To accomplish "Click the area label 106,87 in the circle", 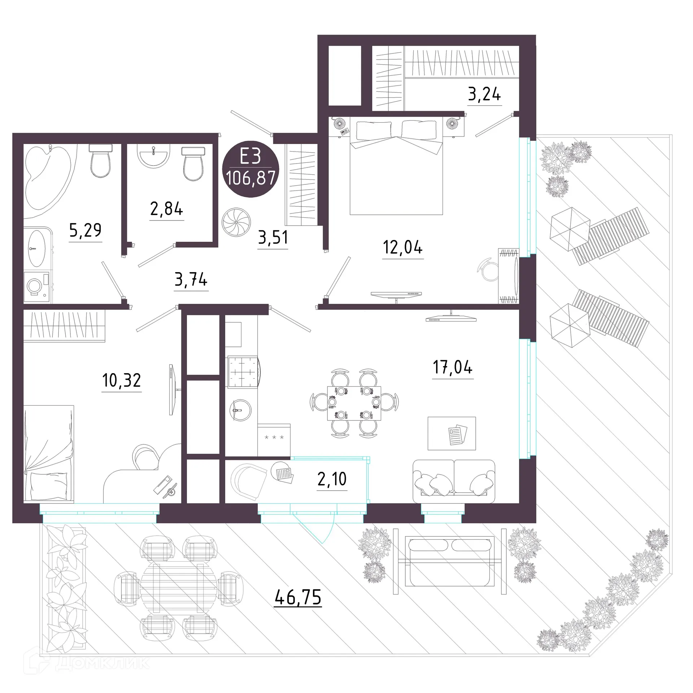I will tap(250, 178).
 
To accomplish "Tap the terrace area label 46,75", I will tap(297, 598).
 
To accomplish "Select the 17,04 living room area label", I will tap(453, 367).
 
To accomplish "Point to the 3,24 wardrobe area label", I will tap(484, 94).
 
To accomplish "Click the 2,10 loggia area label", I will tap(332, 479).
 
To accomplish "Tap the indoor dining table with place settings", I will tap(354, 403).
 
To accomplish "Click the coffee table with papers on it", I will tap(452, 433).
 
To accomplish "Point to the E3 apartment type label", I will tap(250, 157).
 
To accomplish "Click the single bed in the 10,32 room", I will tap(48, 453).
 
